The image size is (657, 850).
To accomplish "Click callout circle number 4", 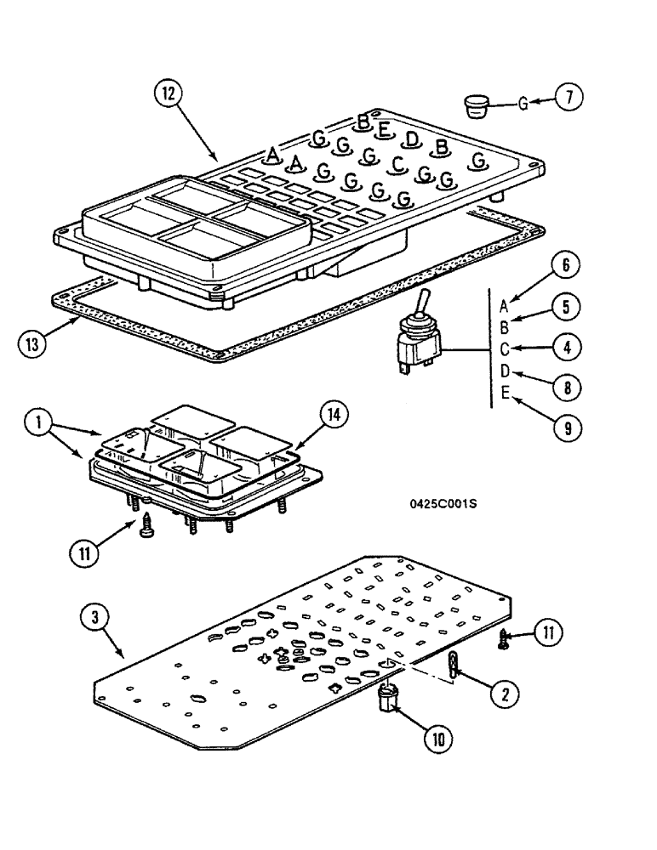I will (564, 348).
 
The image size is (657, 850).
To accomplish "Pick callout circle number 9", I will (564, 427).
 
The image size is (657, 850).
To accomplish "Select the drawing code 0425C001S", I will (443, 503).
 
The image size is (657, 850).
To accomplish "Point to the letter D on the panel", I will (412, 139).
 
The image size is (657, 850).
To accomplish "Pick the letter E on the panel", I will (385, 129).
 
